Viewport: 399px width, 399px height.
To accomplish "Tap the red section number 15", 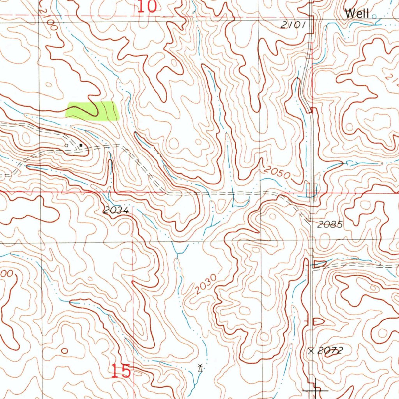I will (121, 371).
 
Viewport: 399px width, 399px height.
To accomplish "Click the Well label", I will (357, 14).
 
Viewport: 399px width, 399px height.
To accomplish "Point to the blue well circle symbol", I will (374, 16).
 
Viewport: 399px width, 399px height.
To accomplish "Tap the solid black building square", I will (81, 145).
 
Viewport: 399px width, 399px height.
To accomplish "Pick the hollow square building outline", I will (66, 145).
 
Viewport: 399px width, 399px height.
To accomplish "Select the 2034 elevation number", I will (116, 210).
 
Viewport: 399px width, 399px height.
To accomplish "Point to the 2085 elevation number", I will (330, 224).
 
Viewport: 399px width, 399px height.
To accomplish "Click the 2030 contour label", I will (205, 285).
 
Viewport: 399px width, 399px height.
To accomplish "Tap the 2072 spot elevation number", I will (330, 351).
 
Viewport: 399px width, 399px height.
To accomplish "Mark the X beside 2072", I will (311, 351).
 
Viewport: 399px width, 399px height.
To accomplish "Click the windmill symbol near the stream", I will (200, 367).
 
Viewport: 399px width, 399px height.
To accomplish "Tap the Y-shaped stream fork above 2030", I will (177, 252).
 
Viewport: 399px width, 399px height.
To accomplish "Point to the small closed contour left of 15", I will (64, 351).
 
